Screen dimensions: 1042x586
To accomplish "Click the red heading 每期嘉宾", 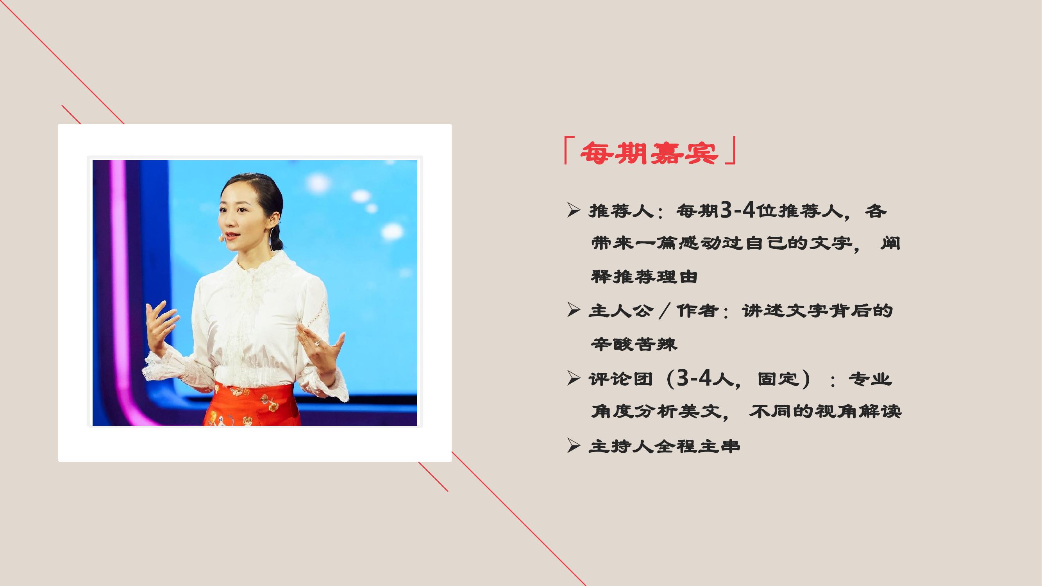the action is pos(649,153).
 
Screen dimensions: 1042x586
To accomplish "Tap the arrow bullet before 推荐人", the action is pos(574,211).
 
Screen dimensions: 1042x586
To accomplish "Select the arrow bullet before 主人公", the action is pos(574,311).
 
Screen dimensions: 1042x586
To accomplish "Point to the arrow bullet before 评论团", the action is pos(574,379).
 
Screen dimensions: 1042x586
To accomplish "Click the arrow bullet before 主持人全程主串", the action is pos(574,446).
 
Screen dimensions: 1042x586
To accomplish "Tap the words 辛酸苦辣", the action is pos(634,345).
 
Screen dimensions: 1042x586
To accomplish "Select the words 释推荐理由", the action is pos(644,277).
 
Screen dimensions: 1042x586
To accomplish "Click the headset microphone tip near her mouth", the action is pos(221,239).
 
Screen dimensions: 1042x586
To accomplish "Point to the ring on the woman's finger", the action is pos(318,343).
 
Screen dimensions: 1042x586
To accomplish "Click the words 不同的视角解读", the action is pos(826,412).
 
